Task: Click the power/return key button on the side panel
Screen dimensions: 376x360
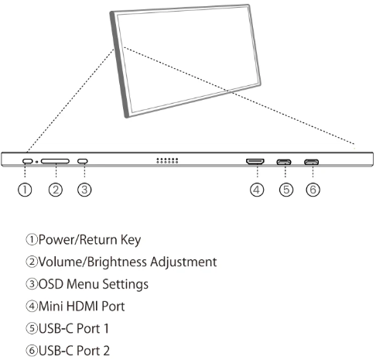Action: click(28, 161)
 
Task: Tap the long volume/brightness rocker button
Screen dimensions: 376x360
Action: click(55, 161)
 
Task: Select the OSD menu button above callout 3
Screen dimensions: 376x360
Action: click(83, 161)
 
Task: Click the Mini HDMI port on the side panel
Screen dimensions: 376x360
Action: click(255, 162)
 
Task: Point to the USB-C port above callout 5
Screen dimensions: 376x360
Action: click(284, 162)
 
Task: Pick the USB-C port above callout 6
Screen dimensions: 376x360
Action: click(312, 162)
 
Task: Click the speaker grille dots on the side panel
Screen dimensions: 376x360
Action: click(167, 160)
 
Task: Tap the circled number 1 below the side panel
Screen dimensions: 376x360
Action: click(25, 190)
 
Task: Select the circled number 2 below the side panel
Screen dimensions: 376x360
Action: click(56, 190)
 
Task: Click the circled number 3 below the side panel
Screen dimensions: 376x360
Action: click(84, 190)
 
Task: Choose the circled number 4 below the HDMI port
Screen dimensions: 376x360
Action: click(257, 190)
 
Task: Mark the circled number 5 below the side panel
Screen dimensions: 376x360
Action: click(286, 190)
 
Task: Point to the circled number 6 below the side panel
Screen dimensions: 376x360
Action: click(313, 190)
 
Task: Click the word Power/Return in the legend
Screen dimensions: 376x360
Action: click(78, 240)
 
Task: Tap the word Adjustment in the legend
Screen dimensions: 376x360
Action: click(183, 262)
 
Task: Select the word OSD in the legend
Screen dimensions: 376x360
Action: click(51, 284)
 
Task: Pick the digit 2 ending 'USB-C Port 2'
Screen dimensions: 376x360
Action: click(106, 351)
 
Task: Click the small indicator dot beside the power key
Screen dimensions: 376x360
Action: click(37, 162)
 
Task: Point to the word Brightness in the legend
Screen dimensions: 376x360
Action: click(118, 262)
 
